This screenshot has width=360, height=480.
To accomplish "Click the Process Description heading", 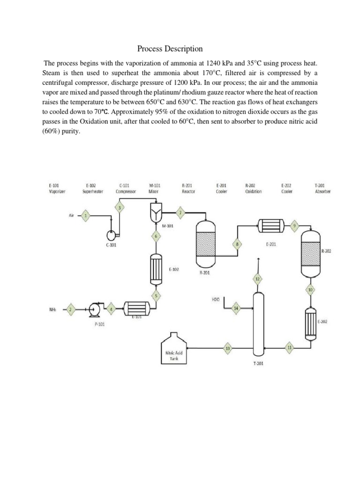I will tap(170, 49).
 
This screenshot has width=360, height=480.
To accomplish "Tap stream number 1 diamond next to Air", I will tap(85, 216).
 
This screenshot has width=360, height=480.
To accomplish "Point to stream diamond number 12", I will tap(257, 279).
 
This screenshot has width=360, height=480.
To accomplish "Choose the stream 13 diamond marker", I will tap(228, 348).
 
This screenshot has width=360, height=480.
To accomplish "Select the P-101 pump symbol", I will tap(96, 308).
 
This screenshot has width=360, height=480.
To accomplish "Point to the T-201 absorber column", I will tap(257, 323).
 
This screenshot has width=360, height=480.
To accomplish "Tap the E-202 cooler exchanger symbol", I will tap(310, 323).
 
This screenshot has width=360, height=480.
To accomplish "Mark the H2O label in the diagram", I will tap(216, 299).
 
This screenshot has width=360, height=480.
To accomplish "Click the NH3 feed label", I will tap(53, 309).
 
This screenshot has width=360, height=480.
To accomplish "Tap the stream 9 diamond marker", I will tap(294, 225).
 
